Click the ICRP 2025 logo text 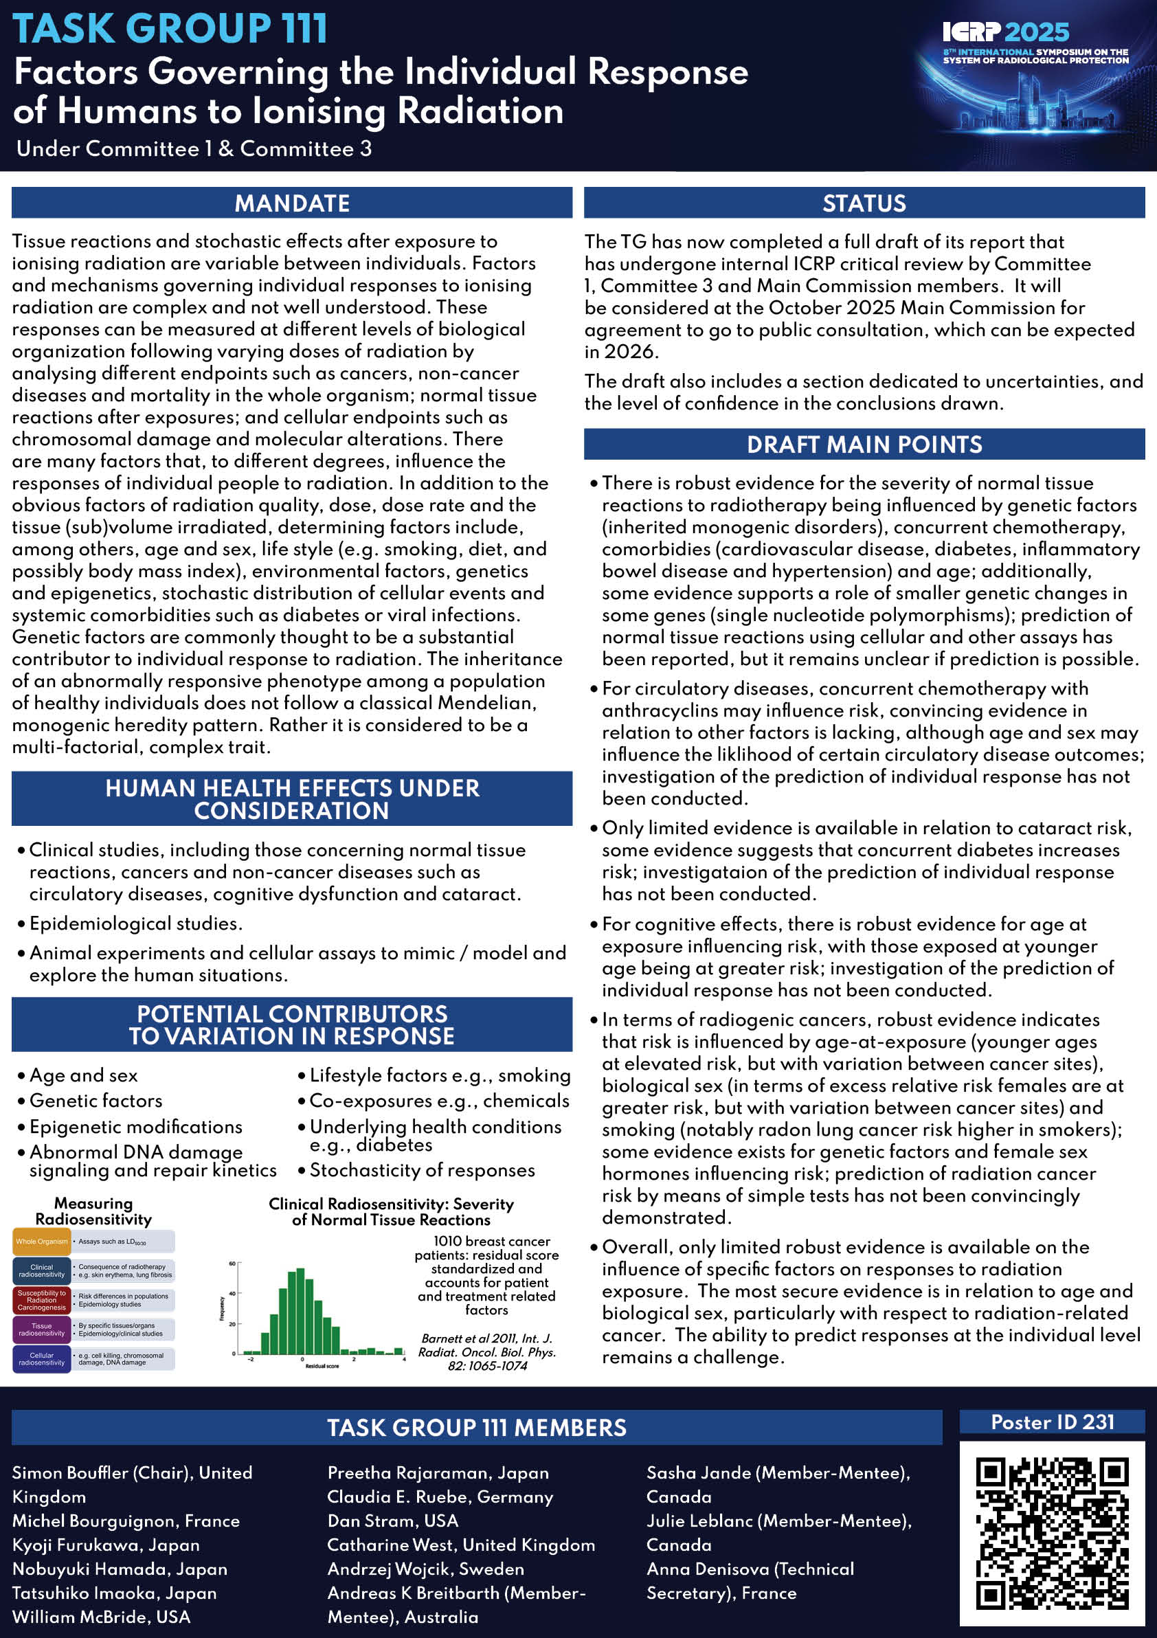point(1005,32)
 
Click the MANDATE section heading point(292,203)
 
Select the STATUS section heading point(864,203)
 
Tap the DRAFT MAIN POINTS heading point(864,445)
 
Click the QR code point(1052,1533)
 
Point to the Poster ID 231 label point(1052,1422)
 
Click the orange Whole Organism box point(41,1242)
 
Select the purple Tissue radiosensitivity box point(41,1330)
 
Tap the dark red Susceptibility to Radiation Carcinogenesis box point(41,1300)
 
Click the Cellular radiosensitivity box point(41,1359)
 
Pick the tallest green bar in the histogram point(300,1311)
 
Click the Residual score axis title point(322,1365)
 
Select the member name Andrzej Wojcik point(425,1569)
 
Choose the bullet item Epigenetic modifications point(135,1127)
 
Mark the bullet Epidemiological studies point(135,923)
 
